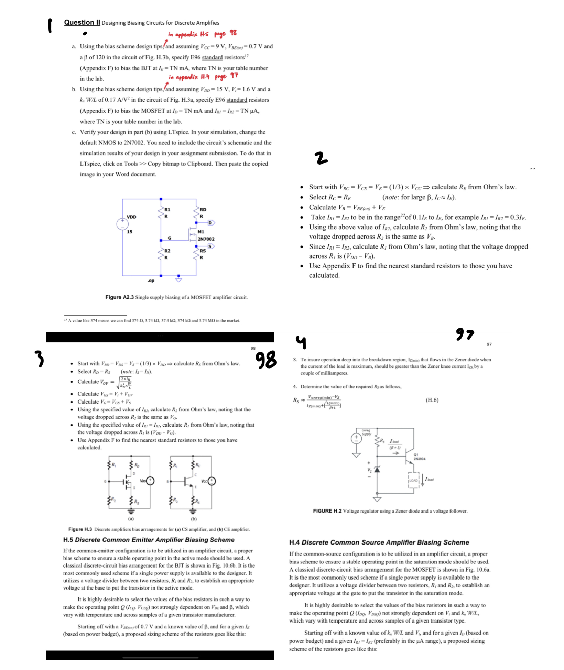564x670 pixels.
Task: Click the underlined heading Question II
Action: coord(82,23)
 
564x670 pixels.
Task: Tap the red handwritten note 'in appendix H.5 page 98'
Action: coord(202,34)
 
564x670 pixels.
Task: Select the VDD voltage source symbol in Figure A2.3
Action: coord(122,224)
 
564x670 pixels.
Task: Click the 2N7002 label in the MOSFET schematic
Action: coord(206,239)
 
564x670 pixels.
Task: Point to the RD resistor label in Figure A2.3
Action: coord(203,209)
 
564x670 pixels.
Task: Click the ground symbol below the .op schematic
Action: coord(178,279)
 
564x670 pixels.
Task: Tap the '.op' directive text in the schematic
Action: coord(151,281)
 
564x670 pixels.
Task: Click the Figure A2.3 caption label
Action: coord(119,297)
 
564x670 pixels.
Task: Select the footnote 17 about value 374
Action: coord(152,320)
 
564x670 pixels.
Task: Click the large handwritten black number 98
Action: coord(266,359)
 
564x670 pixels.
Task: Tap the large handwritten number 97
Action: coord(465,333)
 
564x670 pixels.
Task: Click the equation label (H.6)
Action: coord(432,400)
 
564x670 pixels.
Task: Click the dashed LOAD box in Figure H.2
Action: coord(414,480)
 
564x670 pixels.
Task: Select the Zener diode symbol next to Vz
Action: coord(377,469)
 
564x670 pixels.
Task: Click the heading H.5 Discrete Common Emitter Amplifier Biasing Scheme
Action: coord(149,540)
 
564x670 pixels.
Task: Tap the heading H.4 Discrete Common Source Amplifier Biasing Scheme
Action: coord(379,542)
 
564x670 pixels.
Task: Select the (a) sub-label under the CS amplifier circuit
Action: coord(131,519)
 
